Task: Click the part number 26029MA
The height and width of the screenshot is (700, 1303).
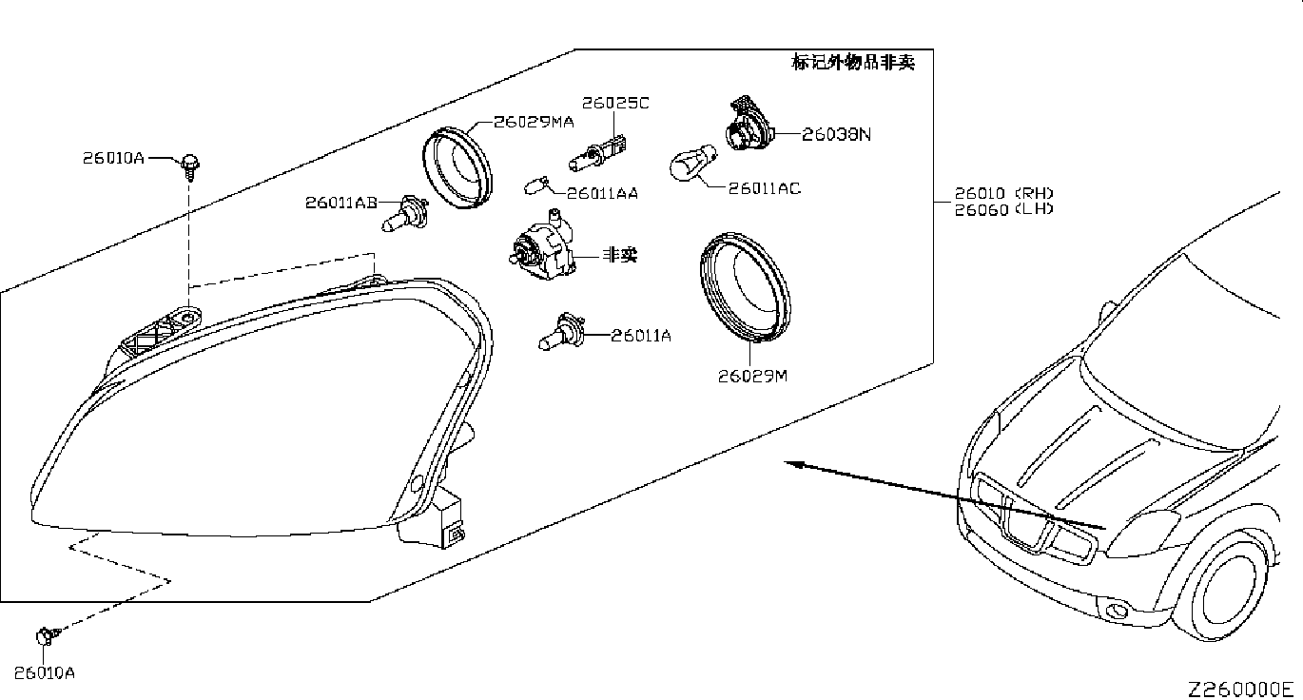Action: [x=534, y=122]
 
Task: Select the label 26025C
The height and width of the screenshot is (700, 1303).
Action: [x=615, y=103]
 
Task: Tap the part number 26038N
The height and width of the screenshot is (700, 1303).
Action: [x=836, y=134]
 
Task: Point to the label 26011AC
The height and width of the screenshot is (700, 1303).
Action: [x=765, y=188]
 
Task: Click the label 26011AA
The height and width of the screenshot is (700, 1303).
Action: [x=602, y=193]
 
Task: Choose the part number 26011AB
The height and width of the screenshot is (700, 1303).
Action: [x=341, y=203]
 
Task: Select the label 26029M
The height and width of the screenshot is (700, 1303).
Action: [x=752, y=376]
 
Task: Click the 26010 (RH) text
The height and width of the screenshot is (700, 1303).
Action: [x=1004, y=193]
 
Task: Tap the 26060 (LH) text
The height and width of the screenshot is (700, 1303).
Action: [x=1004, y=209]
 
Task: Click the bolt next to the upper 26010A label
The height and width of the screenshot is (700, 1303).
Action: [x=189, y=167]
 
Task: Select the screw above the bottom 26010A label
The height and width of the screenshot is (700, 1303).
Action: [x=48, y=636]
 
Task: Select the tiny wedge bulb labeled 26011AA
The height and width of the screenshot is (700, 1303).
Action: [x=536, y=186]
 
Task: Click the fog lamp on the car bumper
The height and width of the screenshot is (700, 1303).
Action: [x=1115, y=611]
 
